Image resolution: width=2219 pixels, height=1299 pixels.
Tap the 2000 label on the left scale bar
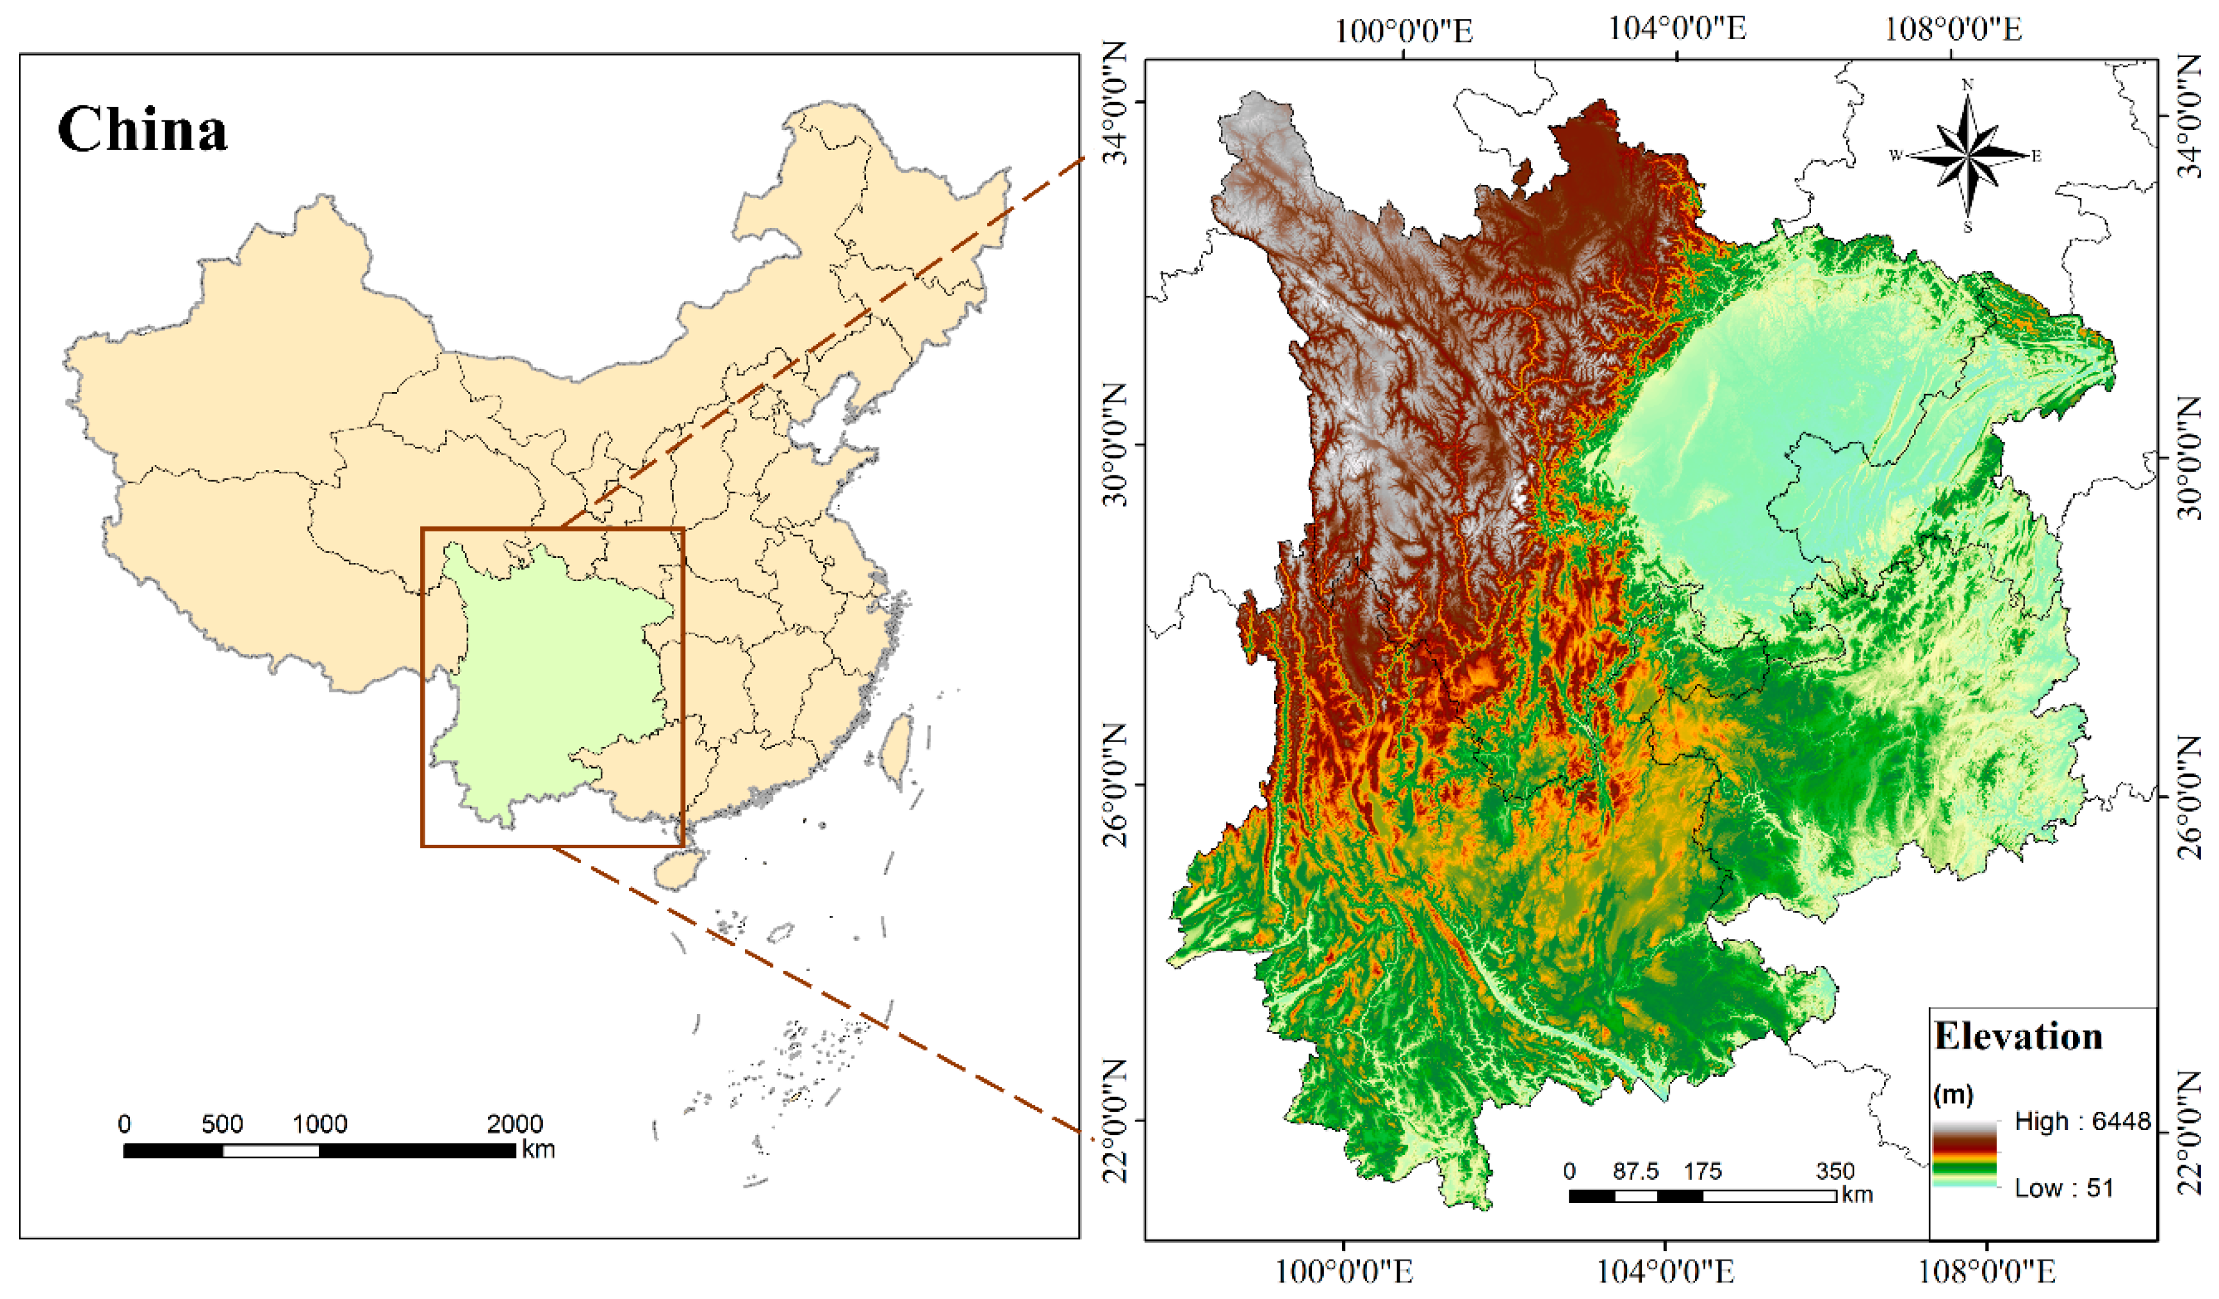pyautogui.click(x=515, y=1124)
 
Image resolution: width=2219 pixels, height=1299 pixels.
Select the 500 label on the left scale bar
pyautogui.click(x=222, y=1124)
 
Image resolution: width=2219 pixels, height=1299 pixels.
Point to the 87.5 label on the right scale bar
pyautogui.click(x=1635, y=1171)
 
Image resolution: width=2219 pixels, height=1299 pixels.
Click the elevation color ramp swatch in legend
pyautogui.click(x=1964, y=1154)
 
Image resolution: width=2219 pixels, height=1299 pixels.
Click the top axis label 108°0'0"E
pyautogui.click(x=1952, y=29)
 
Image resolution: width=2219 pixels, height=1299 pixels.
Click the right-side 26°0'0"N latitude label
pyautogui.click(x=2190, y=797)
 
